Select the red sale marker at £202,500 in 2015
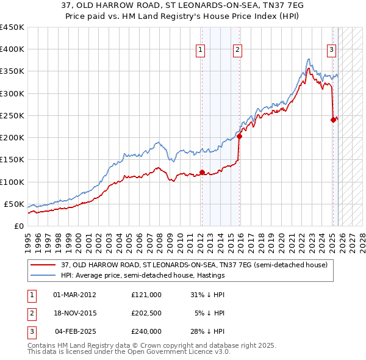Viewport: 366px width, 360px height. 240,136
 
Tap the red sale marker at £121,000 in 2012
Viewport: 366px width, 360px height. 202,172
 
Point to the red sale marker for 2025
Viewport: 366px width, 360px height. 333,120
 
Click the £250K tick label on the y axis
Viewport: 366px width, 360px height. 12,115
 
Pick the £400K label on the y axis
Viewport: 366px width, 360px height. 12,49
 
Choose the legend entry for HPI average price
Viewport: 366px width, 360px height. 141,276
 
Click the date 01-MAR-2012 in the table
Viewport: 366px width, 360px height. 74,295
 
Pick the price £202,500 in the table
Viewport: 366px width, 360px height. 146,313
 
